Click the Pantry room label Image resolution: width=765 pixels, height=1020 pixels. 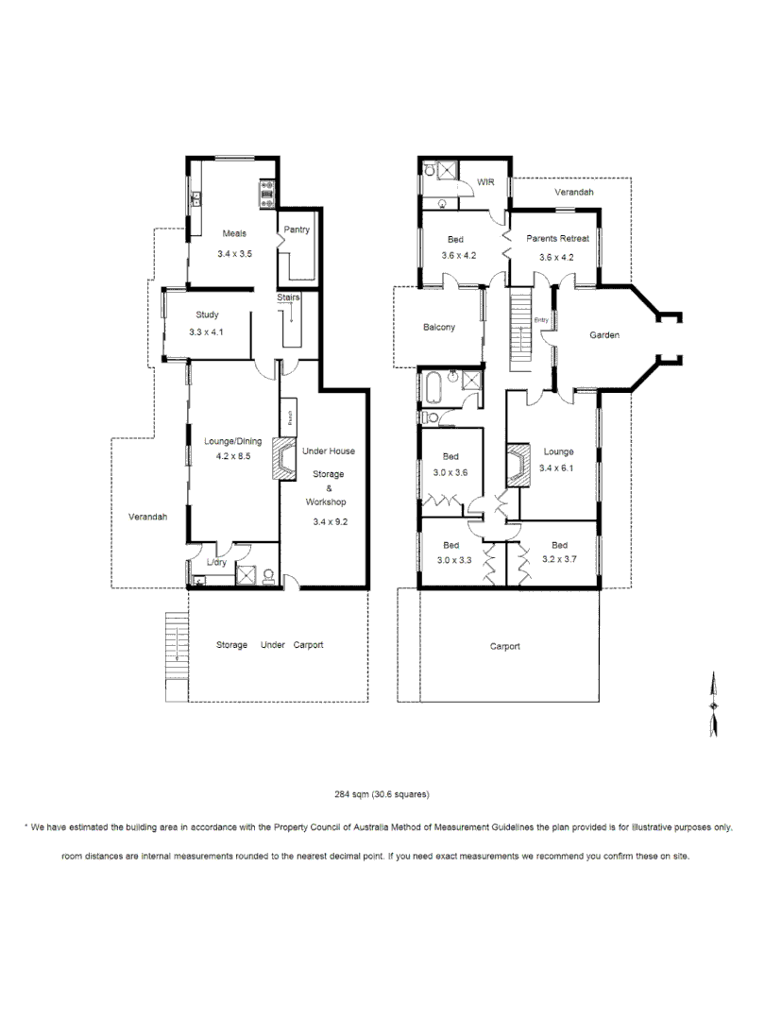tap(297, 229)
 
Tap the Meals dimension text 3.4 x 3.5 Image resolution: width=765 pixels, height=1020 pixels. tap(233, 254)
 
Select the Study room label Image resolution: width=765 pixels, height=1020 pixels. tap(208, 314)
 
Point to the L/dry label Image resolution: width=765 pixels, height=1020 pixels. tap(216, 564)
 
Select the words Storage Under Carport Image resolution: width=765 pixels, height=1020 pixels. tap(269, 645)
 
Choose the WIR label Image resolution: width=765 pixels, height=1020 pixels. tap(486, 182)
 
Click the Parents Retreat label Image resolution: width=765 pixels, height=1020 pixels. tap(557, 239)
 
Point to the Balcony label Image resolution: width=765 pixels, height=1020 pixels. tap(439, 328)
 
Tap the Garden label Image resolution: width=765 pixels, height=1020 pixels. tap(604, 335)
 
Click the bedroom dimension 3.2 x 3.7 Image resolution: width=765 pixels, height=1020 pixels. tap(559, 559)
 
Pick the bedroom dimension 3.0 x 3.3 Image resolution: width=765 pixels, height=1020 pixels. tap(450, 559)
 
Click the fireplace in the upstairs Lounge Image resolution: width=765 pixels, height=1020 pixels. tap(516, 465)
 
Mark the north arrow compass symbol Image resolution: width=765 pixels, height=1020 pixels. tap(713, 704)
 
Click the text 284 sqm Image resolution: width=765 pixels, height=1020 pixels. tap(352, 794)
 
